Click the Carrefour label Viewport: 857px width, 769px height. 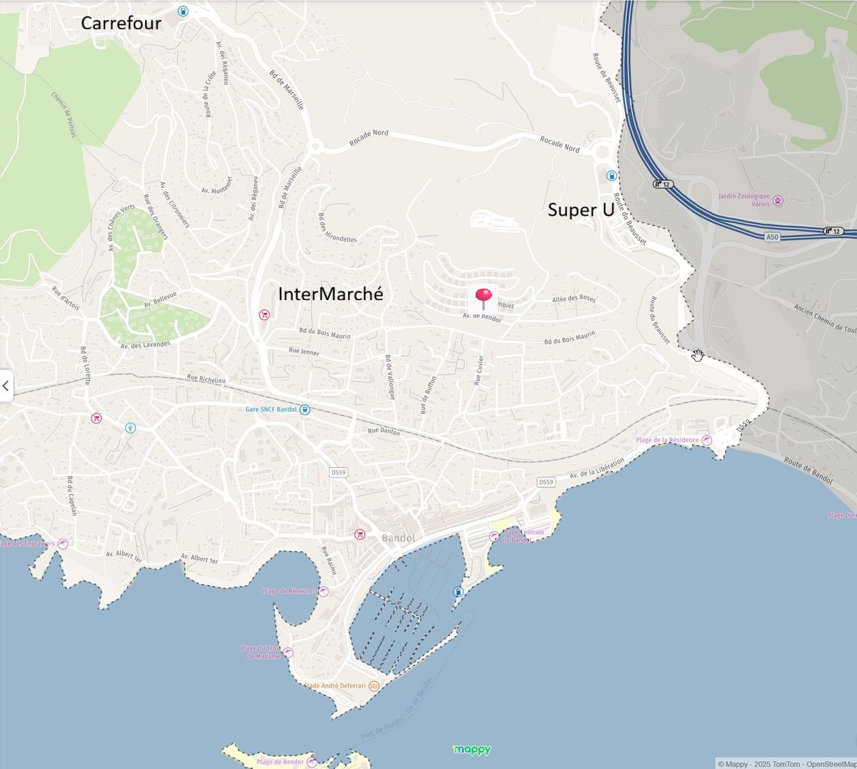coord(121,23)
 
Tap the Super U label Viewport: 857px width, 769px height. coord(581,210)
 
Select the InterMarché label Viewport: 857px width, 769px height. coord(330,294)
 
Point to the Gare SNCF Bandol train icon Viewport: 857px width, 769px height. coord(305,410)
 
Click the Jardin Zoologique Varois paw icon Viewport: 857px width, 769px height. coord(778,201)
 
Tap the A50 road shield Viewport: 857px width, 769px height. coord(771,237)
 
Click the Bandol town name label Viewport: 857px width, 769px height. coord(399,538)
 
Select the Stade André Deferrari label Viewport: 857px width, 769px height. coord(335,685)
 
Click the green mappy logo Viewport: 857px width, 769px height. coord(472,750)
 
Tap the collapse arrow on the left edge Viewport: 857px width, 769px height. coord(6,386)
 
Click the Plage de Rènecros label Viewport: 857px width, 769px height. coord(288,591)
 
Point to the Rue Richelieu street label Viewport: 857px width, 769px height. coord(206,379)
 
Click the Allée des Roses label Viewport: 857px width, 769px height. coord(573,299)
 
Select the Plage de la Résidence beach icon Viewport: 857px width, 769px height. coord(706,440)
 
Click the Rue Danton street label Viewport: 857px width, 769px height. coord(384,431)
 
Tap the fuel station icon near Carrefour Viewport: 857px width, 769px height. coord(183,11)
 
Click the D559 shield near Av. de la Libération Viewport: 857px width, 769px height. coord(546,482)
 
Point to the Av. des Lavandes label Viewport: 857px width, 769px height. coord(146,344)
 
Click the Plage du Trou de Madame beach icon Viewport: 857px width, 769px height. coord(288,652)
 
